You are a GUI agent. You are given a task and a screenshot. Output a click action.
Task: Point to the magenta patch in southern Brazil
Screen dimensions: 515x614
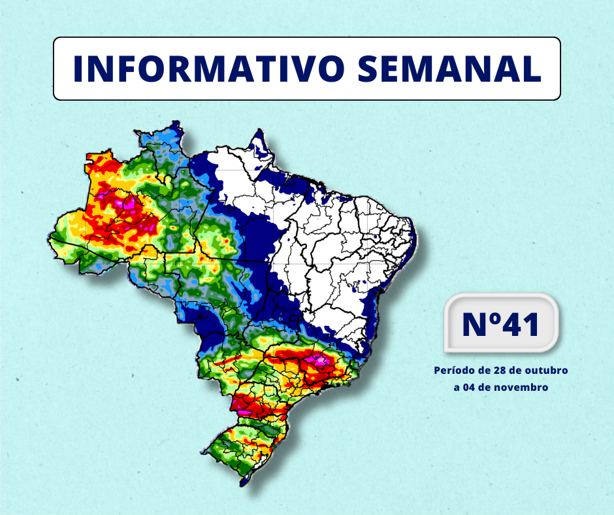tap(243, 412)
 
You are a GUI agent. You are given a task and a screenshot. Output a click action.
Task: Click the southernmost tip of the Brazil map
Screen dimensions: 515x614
tap(244, 484)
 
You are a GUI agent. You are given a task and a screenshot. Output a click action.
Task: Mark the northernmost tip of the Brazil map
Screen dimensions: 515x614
tap(174, 122)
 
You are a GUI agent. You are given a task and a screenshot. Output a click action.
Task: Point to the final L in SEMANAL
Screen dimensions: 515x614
tap(531, 68)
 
